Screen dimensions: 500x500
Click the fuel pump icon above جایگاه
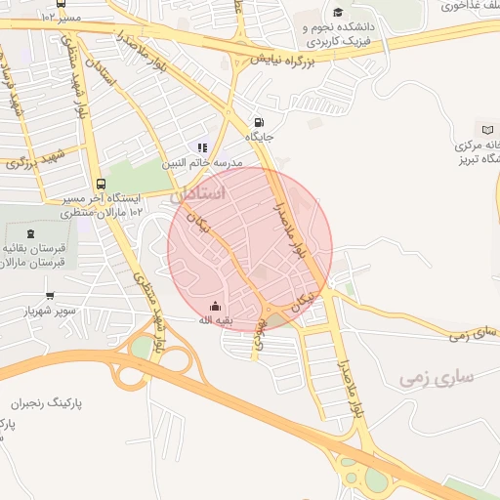pos(258,123)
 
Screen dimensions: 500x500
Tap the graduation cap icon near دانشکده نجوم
pos(338,13)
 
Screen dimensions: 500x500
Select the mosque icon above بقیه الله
pos(215,306)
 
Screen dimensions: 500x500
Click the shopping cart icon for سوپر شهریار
pos(50,296)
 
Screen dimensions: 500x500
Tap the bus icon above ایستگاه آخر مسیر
pos(101,184)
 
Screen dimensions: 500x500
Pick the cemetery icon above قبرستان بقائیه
pos(30,233)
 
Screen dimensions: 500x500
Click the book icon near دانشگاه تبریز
pos(487,130)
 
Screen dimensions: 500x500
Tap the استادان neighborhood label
pos(198,194)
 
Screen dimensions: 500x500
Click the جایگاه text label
pos(259,138)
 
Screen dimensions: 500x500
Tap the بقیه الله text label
pos(216,320)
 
